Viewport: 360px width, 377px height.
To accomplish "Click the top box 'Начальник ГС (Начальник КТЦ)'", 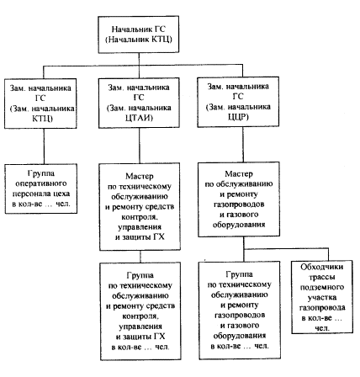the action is coord(139,35).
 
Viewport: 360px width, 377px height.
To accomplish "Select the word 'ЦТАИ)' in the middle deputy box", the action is coord(139,118).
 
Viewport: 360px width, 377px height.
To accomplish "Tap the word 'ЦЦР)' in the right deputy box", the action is coord(238,117).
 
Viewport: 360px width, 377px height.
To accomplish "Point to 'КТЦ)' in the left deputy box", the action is coord(42,119).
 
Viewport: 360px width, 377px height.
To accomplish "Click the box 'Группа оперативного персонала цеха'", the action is coord(41,188).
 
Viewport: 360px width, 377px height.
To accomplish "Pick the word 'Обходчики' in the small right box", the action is coord(321,267).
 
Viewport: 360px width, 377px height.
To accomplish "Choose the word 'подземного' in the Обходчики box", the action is coord(322,287).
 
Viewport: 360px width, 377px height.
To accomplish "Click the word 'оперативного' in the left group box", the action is coord(41,183).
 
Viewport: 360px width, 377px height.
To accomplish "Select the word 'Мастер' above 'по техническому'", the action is coord(140,176).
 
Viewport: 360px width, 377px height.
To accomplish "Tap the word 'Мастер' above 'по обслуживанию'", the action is coord(239,174).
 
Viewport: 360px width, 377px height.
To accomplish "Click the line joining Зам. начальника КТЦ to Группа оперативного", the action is coord(44,146).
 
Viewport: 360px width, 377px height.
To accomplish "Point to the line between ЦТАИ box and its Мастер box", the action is coord(140,146).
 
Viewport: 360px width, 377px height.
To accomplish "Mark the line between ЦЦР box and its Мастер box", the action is coord(243,145).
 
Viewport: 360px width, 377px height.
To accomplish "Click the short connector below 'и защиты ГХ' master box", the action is coord(140,257).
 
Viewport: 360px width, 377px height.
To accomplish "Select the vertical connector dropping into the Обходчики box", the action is coord(328,255).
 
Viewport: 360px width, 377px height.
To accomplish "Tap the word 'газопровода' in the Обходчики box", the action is coord(322,308).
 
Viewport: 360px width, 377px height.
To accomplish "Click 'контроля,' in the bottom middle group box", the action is coord(140,316).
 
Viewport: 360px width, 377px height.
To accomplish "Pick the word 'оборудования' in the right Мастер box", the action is coord(239,225).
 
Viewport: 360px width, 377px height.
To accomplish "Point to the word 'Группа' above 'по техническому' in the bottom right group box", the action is coord(239,274).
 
